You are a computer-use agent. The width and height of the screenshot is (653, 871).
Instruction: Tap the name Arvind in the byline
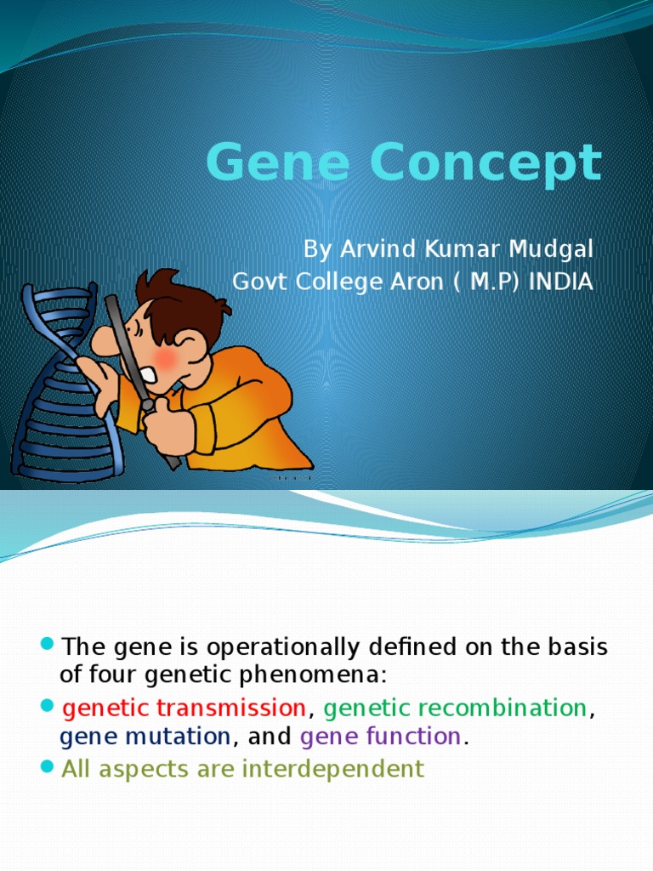pos(376,250)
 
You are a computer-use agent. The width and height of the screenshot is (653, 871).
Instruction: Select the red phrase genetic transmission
pos(185,708)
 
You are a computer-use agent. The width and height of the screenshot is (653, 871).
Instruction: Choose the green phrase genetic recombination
pos(455,708)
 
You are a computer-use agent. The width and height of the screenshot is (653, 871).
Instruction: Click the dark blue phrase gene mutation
pos(145,737)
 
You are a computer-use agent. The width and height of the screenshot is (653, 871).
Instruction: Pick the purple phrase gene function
pos(380,737)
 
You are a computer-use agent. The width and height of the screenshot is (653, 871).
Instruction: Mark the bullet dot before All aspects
pos(47,767)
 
